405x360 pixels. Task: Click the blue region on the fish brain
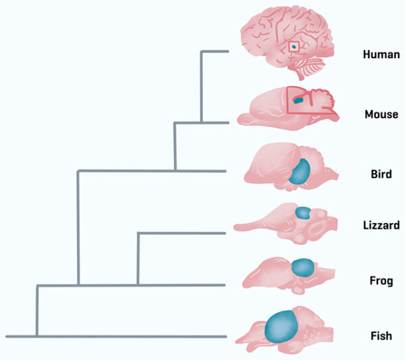tap(282, 326)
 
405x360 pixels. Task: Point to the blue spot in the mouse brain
tap(298, 101)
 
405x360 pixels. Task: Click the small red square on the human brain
tap(294, 46)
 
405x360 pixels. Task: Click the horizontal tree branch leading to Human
tap(215, 51)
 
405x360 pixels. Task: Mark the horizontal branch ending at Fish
tap(115, 336)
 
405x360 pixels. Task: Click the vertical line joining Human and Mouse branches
tap(202, 86)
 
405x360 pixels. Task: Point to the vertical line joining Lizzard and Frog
tap(138, 259)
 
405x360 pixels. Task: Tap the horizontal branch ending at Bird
tap(152, 171)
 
